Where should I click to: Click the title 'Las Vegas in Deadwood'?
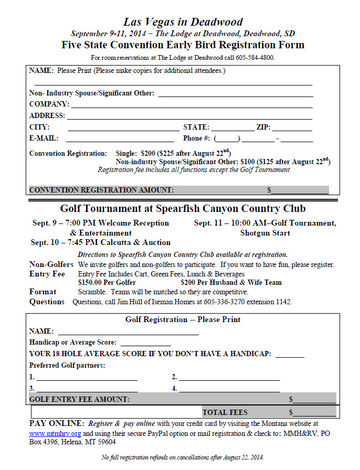point(183,22)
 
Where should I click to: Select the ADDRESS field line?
point(189,116)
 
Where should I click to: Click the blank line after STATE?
point(232,128)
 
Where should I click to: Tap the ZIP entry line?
point(292,128)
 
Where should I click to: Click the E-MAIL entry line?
point(120,140)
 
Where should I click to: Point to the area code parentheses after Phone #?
point(227,139)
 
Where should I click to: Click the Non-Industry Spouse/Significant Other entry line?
point(235,94)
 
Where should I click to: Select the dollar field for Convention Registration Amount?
point(300,190)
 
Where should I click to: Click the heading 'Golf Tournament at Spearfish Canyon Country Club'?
point(183,209)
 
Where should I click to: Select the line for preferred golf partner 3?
point(87,389)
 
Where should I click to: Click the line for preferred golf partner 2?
point(229,378)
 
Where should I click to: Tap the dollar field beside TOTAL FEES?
point(314,413)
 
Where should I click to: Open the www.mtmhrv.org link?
point(55,434)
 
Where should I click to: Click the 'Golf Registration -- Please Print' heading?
point(183,319)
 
